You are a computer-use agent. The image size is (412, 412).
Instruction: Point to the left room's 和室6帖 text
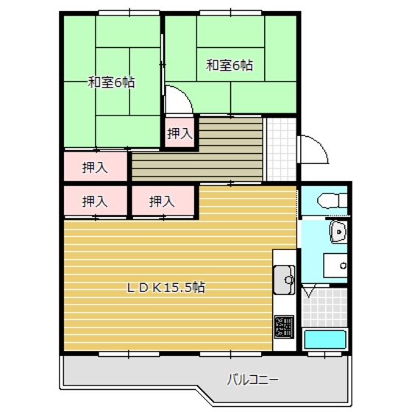111,82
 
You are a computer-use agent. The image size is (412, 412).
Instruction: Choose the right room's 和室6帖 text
229,65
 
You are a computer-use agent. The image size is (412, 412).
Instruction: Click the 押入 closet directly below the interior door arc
179,133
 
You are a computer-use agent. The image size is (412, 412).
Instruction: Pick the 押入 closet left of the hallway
95,166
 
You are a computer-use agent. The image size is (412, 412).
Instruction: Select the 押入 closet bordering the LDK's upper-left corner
162,201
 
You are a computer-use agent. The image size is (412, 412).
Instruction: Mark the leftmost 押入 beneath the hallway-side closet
95,201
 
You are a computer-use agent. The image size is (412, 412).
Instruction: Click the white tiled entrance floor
280,147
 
